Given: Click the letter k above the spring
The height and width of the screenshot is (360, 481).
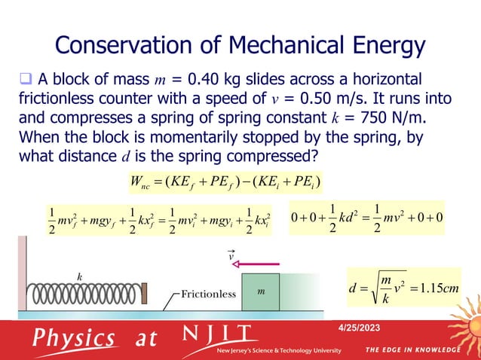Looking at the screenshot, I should (x=78, y=276).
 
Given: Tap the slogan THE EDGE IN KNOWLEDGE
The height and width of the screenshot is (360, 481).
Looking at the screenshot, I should (x=413, y=350).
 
